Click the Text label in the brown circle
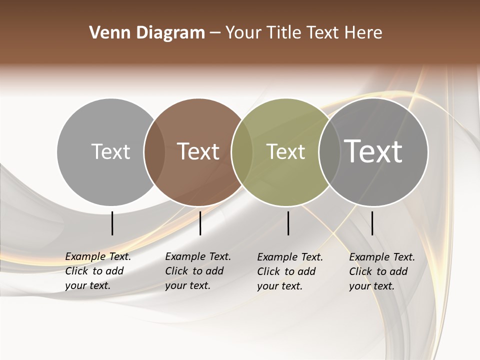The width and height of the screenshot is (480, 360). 198,151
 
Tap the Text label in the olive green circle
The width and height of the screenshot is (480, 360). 285,151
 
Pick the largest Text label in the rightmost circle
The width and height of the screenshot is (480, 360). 373,151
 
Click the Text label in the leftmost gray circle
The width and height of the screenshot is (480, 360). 110,151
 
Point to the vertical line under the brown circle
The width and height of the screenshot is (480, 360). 200,223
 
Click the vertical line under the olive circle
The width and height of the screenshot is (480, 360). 288,223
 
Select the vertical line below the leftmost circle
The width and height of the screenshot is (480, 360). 112,223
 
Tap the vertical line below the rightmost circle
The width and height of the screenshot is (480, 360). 372,223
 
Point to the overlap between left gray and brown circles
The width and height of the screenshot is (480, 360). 154,151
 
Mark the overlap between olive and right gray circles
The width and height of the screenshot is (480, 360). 329,151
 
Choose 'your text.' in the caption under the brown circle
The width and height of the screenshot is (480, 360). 187,285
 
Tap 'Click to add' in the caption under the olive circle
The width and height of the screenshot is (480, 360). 286,271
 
